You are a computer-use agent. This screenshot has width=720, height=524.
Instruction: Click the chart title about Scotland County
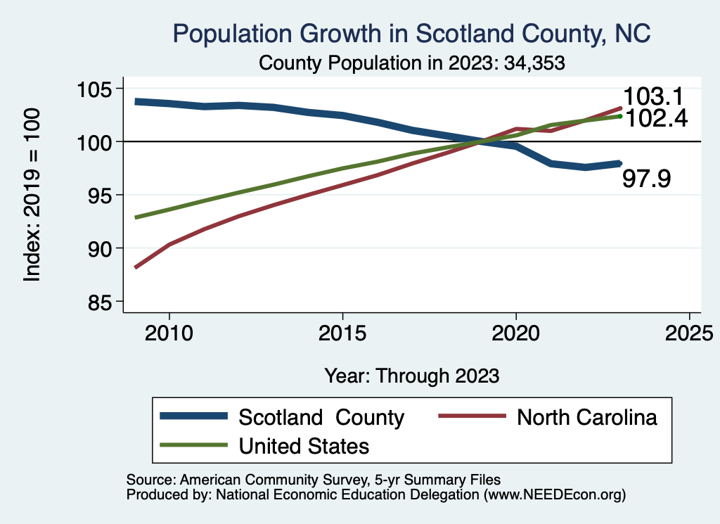411,33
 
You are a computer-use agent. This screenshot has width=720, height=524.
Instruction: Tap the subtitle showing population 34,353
413,63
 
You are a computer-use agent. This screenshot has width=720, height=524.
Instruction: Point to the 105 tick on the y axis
94,89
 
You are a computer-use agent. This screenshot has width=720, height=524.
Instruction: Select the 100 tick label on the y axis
94,142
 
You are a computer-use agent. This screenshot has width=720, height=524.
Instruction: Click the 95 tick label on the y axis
100,195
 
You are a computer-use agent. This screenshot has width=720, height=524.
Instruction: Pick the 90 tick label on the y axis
100,248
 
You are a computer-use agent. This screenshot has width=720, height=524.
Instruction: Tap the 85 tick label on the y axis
100,302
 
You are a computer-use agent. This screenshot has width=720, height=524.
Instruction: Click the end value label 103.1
653,97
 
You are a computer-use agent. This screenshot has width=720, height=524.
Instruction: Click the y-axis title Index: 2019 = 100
32,196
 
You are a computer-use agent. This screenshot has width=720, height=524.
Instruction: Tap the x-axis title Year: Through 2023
412,376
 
